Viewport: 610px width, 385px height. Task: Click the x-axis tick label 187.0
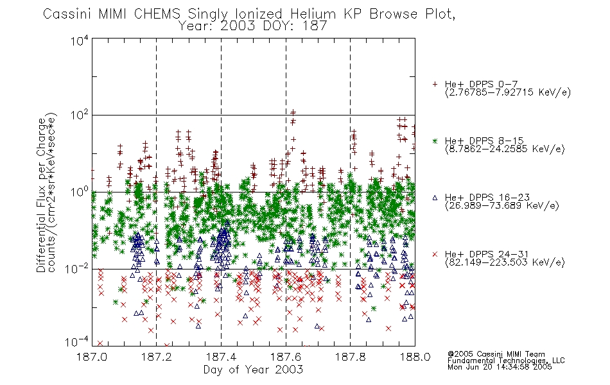92,357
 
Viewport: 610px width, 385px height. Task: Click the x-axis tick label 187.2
157,357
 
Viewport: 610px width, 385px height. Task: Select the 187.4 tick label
221,357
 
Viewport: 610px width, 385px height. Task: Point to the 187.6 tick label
286,357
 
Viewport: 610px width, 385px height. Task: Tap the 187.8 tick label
350,357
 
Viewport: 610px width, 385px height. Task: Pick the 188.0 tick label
415,357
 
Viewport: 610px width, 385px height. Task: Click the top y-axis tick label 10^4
80,41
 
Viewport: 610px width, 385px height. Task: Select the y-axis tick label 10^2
80,116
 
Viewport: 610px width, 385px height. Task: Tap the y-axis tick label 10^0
80,192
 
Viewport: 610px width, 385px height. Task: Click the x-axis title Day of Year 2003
253,370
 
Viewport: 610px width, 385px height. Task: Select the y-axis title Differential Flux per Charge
41,196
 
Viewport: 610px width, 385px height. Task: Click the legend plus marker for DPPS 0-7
435,84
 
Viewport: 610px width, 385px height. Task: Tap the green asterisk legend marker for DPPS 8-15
435,141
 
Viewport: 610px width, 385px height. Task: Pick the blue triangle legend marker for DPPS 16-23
435,198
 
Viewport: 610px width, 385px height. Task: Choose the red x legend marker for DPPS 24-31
435,254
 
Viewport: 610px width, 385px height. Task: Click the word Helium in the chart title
313,14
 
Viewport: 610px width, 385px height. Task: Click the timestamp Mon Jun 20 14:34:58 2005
500,367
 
